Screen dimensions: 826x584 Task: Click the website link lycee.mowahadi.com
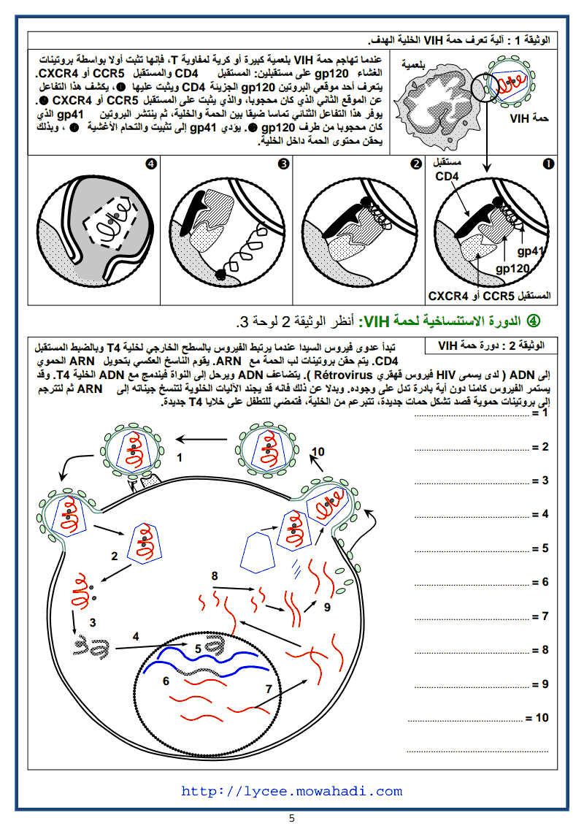point(291,791)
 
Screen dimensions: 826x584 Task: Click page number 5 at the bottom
point(291,818)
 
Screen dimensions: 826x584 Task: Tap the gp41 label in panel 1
point(531,251)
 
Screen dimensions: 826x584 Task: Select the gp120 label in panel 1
point(512,269)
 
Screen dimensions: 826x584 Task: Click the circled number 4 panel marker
point(151,164)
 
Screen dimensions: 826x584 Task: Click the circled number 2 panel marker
point(415,164)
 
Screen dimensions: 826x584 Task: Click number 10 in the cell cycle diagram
point(318,451)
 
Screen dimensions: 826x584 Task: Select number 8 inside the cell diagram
point(215,575)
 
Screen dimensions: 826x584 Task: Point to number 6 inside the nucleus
point(166,681)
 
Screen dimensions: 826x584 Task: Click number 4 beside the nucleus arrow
point(136,636)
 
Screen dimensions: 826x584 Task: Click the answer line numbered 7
point(474,616)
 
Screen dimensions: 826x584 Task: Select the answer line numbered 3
point(474,481)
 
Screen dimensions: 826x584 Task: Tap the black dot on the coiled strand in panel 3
point(219,274)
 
